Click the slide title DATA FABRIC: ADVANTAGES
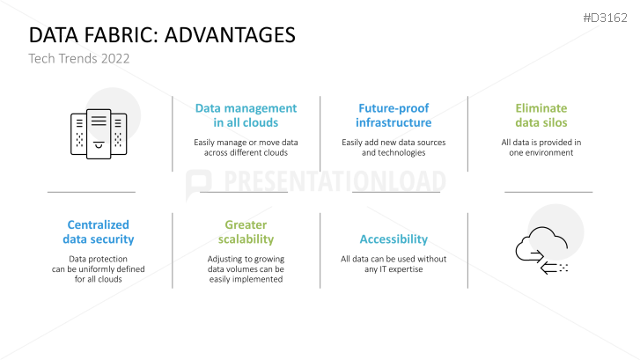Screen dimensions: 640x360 [x=162, y=35]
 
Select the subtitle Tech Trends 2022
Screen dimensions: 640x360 [x=78, y=59]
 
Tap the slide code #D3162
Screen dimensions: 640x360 [x=605, y=18]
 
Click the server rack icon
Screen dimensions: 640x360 [x=99, y=134]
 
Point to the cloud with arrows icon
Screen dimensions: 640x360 [x=541, y=250]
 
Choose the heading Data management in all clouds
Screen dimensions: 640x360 [x=246, y=115]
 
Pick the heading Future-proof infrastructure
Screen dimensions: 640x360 [x=394, y=115]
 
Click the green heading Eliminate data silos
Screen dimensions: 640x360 [x=541, y=115]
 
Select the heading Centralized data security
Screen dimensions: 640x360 [x=99, y=231]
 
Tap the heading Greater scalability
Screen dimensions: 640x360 [x=246, y=231]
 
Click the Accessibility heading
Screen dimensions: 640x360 [x=394, y=239]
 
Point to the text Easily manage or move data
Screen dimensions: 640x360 [x=246, y=143]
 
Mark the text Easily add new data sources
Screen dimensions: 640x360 [x=394, y=143]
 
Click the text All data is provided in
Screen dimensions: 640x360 [x=541, y=143]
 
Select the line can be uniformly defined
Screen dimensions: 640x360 [x=99, y=269]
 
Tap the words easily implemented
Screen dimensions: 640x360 [x=246, y=280]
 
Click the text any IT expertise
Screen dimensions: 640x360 [x=394, y=269]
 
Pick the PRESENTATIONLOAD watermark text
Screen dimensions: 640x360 [x=335, y=180]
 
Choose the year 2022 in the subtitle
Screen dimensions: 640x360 [x=115, y=59]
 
